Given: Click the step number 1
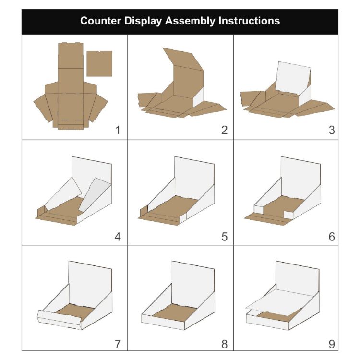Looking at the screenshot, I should [118, 130].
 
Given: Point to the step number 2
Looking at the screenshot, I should [224, 130].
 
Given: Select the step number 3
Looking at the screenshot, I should [331, 130].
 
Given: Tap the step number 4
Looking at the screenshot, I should [118, 237].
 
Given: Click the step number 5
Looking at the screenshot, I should [224, 237].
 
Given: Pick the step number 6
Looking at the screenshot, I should [331, 237].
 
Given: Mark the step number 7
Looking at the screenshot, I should [118, 344].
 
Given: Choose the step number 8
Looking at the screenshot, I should [224, 344].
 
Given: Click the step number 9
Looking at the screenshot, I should [331, 344].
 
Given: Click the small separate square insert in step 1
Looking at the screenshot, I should [99, 63].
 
